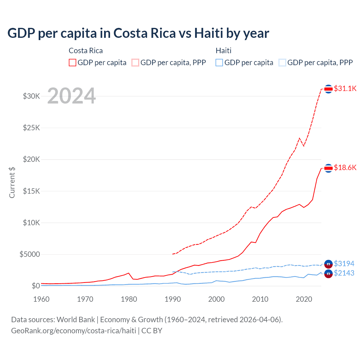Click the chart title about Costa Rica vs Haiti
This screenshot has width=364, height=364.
point(138,33)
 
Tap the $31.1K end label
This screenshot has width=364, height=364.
point(345,88)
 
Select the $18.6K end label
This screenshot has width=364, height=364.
point(345,167)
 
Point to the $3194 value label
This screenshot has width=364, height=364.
point(344,264)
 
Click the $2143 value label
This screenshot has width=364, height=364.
point(344,273)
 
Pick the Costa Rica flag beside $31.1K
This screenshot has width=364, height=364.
point(328,89)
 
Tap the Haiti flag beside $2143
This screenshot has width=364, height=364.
point(328,274)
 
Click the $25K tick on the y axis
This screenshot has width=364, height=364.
point(32,128)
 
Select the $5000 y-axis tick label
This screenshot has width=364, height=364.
point(30,254)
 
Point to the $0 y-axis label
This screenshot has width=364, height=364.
point(36,286)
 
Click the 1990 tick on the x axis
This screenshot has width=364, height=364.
point(173,299)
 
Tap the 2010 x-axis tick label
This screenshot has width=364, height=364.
point(260,299)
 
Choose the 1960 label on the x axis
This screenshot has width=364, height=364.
point(42,299)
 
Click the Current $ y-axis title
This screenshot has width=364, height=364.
point(12,183)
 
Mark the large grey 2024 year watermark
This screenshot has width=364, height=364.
point(71,96)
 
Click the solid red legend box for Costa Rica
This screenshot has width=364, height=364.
point(73,63)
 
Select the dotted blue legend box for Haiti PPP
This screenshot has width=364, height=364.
point(282,63)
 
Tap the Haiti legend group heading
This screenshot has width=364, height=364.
point(224,51)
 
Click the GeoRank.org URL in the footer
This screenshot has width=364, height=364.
point(74,331)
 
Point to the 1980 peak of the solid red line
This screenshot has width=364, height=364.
point(129,273)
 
